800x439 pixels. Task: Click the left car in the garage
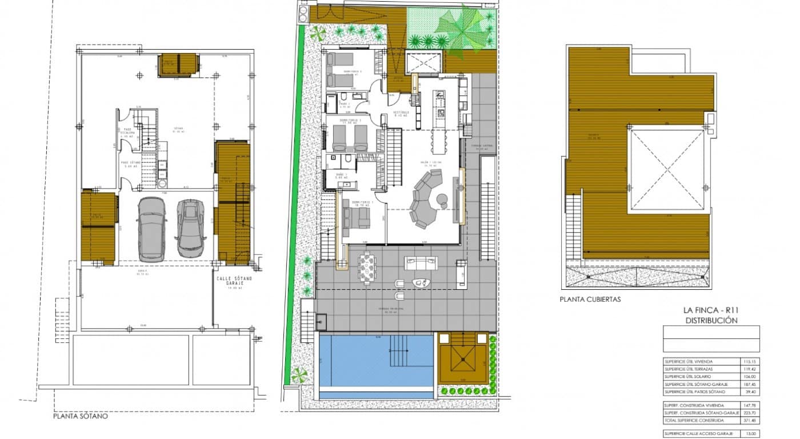click(x=151, y=227)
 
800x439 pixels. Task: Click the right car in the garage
click(x=191, y=228)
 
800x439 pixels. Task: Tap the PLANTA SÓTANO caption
click(x=80, y=416)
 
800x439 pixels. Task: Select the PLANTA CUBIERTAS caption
click(x=590, y=299)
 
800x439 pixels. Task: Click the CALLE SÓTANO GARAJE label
click(x=231, y=282)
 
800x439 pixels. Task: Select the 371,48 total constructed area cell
click(x=750, y=420)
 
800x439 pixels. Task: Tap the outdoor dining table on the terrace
click(x=367, y=268)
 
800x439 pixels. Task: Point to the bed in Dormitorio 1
click(x=355, y=218)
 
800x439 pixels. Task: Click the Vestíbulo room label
click(x=402, y=112)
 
